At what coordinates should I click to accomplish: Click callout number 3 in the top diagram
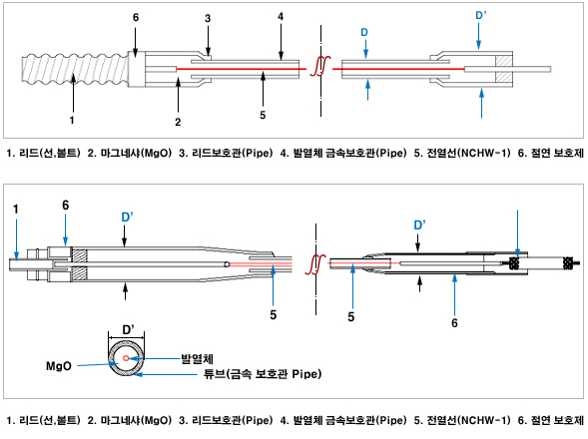pos(208,18)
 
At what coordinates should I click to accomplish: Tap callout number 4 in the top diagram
pos(281,17)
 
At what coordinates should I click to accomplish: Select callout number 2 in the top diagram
pos(178,122)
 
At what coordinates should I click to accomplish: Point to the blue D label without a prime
pos(364,33)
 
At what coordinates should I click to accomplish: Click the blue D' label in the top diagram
pos(481,15)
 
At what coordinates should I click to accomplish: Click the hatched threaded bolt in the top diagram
pos(74,70)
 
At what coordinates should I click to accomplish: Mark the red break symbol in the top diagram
pos(319,67)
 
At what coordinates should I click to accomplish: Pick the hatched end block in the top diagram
pos(504,69)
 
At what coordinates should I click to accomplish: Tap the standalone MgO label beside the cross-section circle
pos(59,366)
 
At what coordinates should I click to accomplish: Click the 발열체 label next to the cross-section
pos(198,359)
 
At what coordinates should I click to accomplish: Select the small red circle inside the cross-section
pos(126,358)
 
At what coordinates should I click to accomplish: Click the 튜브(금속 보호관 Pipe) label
pos(263,374)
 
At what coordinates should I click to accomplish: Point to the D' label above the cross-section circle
pos(128,329)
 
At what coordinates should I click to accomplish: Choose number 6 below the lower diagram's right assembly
pos(454,323)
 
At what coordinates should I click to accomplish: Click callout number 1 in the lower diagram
pos(15,210)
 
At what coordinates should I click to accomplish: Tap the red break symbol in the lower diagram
pos(315,264)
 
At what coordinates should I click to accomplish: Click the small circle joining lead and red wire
pos(227,264)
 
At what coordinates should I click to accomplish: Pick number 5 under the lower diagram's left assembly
pos(273,315)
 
